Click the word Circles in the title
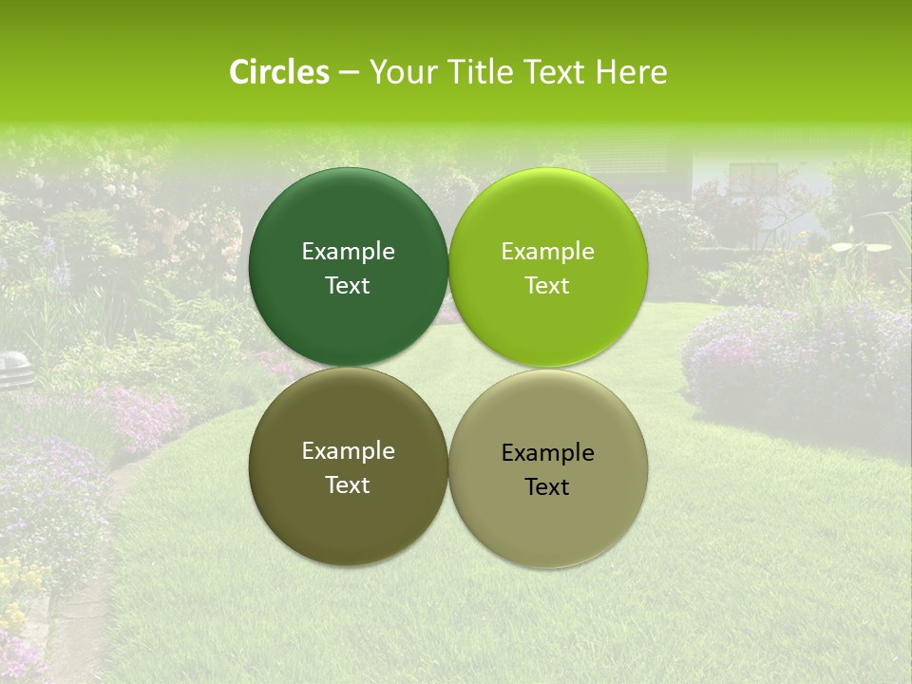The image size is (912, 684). pos(279,72)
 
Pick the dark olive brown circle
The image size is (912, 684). pos(348,513)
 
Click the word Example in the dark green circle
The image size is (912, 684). pos(348,252)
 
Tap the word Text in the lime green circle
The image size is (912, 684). pos(547,286)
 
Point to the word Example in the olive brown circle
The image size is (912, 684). pos(348,451)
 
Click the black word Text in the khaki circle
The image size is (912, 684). pos(547,487)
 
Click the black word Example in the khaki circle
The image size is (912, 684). pos(547,453)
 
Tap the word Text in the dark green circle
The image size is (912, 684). pos(348,286)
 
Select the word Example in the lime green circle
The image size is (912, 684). pos(547,252)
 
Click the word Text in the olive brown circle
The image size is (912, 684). pos(348,485)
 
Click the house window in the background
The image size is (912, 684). pos(752,176)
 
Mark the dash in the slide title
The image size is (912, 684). pos(349,73)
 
